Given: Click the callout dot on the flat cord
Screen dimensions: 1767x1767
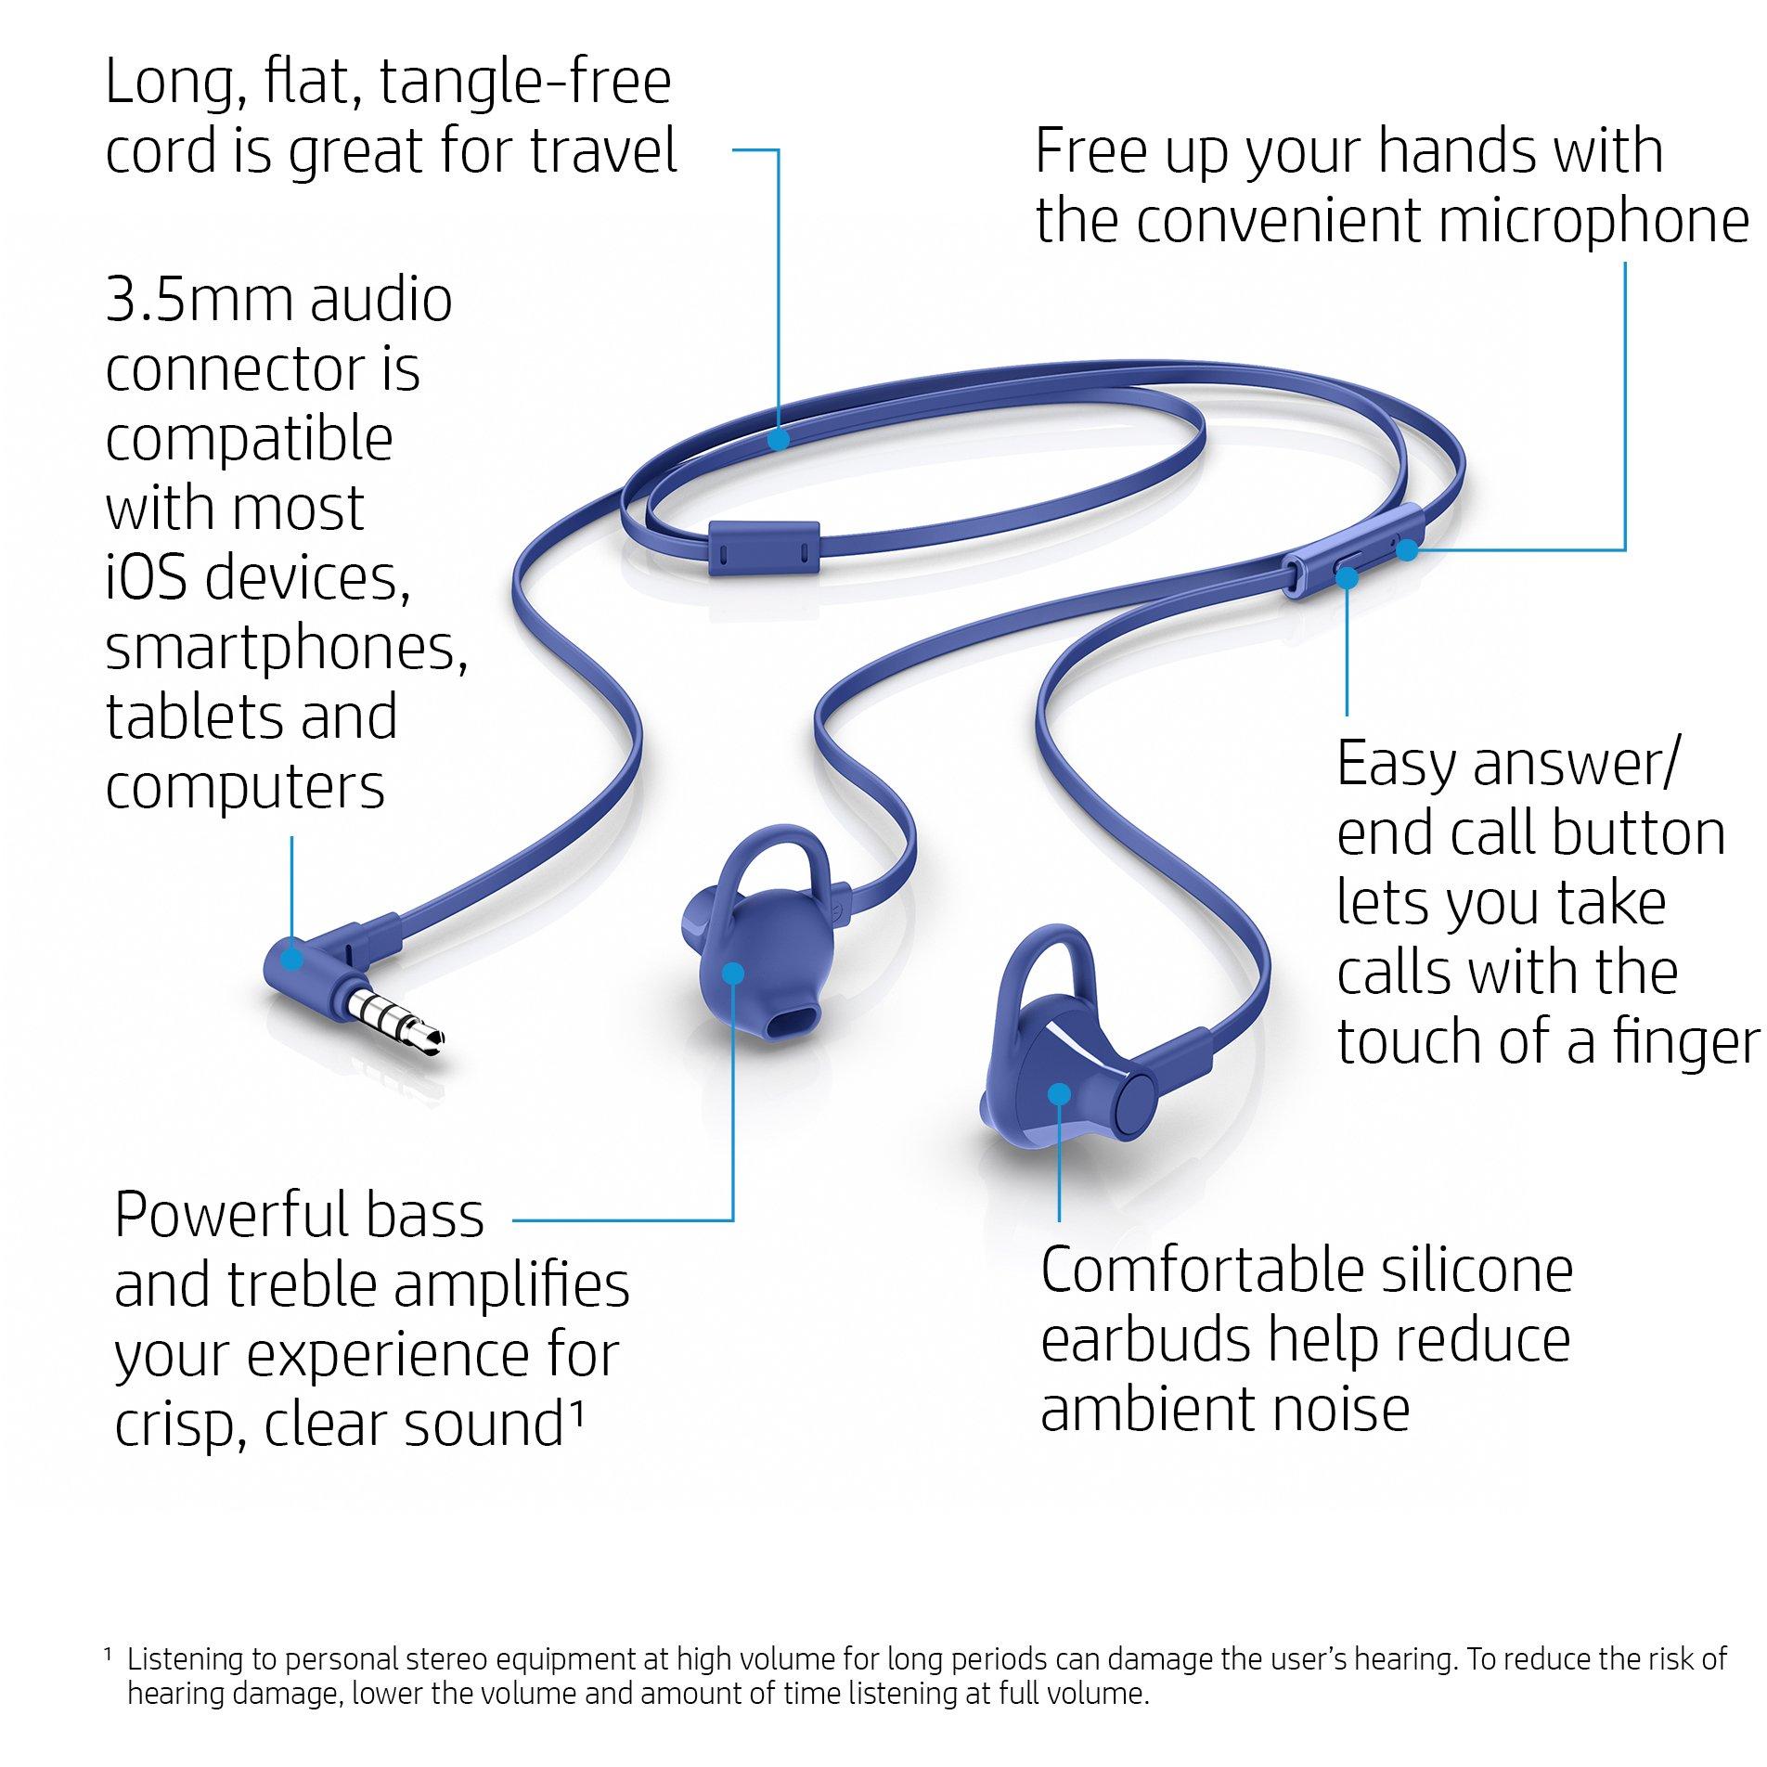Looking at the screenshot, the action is click(x=779, y=438).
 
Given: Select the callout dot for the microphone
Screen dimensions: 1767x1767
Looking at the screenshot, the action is click(x=1408, y=550).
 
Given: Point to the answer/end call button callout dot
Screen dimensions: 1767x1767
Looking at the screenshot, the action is click(x=1348, y=577).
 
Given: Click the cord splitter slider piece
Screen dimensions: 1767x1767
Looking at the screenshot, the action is click(x=764, y=548).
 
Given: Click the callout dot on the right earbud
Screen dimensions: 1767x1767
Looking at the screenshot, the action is click(x=1059, y=1095).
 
